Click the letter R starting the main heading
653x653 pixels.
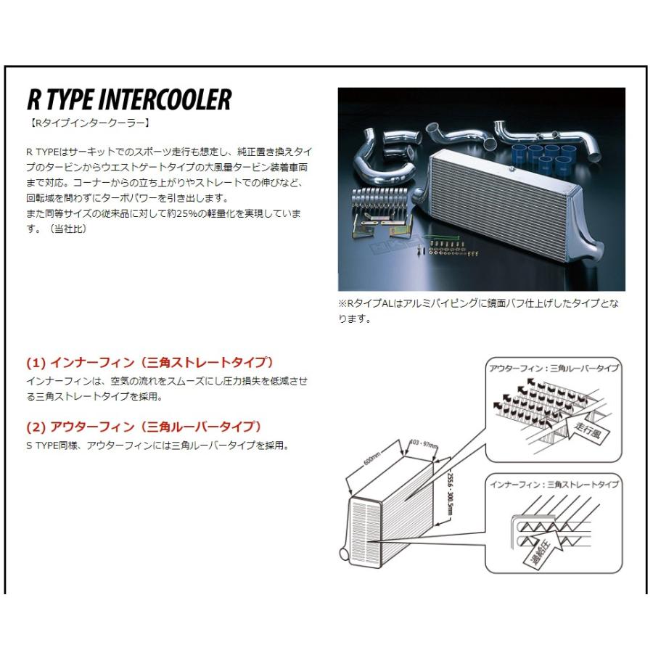(x=33, y=99)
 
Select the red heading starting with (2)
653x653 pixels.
(x=144, y=426)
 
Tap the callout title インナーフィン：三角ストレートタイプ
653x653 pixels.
(x=554, y=484)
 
